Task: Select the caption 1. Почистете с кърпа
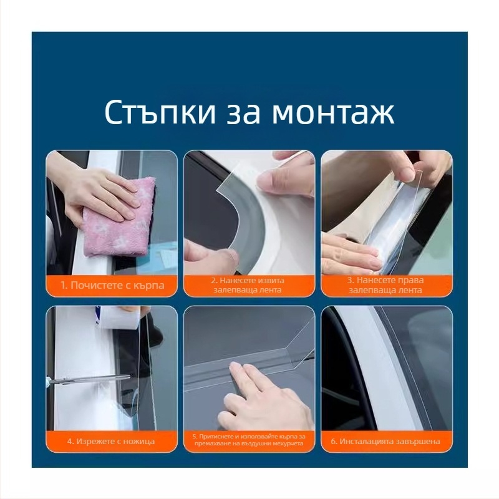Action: (112, 285)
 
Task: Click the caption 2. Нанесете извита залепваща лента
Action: (248, 285)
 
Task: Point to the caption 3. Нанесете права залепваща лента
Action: (385, 285)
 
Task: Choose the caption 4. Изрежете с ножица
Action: (111, 442)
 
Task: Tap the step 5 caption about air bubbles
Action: (248, 440)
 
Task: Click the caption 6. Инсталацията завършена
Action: (385, 442)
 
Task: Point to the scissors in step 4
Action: (89, 379)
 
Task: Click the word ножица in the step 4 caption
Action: (139, 442)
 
